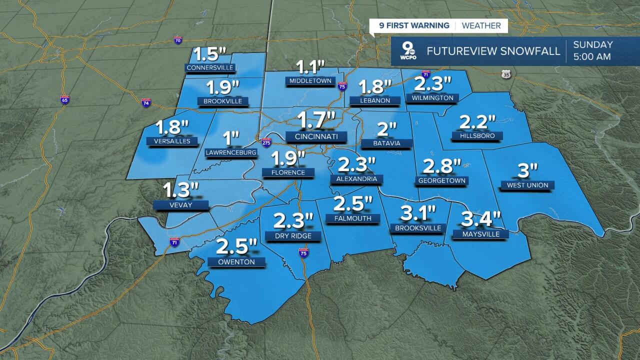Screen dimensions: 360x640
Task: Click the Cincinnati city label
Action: [316, 136]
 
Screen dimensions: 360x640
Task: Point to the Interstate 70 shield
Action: [178, 40]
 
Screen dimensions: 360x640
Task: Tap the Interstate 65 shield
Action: [64, 99]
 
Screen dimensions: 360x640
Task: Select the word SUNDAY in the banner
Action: [592, 45]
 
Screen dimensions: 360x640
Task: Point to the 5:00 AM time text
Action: [592, 57]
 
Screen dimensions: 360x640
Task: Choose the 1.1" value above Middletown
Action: [310, 66]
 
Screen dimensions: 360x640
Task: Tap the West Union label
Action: [527, 185]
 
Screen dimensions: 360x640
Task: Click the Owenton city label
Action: [236, 262]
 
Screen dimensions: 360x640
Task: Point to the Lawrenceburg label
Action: [231, 152]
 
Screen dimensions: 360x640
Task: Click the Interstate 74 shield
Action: [146, 103]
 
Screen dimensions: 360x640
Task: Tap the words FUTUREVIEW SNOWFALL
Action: [493, 51]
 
